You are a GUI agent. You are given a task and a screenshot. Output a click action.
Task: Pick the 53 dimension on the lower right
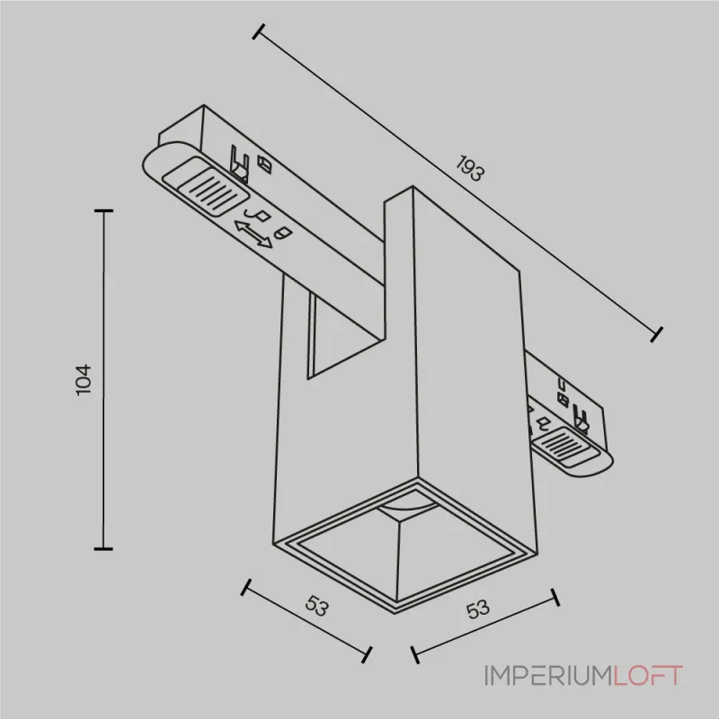478,608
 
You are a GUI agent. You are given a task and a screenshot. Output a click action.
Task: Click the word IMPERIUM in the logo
548,675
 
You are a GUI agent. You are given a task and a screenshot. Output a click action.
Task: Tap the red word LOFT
648,675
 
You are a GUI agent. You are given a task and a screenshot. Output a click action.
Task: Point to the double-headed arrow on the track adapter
253,235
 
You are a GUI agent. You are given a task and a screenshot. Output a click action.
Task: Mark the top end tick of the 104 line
105,210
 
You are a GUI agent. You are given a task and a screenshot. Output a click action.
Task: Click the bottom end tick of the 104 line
105,548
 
